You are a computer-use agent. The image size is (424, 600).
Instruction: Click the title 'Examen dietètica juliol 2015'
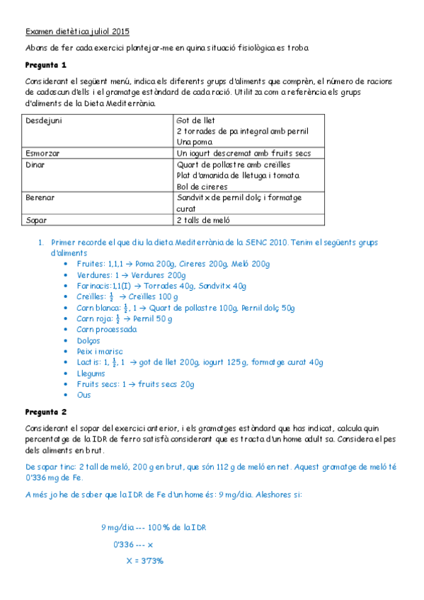coord(77,32)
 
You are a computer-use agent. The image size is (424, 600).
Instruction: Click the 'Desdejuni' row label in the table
coord(44,120)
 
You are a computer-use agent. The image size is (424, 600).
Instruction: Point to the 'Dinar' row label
coord(37,164)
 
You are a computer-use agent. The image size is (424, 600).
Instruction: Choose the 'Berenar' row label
coord(40,197)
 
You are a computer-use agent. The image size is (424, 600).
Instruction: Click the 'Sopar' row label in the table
coord(36,220)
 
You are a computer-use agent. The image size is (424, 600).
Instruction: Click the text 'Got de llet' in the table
coord(195,120)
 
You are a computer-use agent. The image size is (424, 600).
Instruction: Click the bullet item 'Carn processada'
coord(107,329)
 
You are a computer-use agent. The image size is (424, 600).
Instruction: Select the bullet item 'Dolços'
coord(89,340)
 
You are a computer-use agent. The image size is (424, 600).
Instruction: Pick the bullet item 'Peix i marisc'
coord(100,351)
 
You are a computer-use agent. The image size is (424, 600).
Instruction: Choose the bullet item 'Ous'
coord(84,395)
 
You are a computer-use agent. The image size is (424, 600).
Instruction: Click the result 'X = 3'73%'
coord(144,560)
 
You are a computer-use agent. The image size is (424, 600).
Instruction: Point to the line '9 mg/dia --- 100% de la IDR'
coord(153,527)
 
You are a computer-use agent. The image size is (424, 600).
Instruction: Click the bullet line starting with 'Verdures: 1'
coord(131,275)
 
